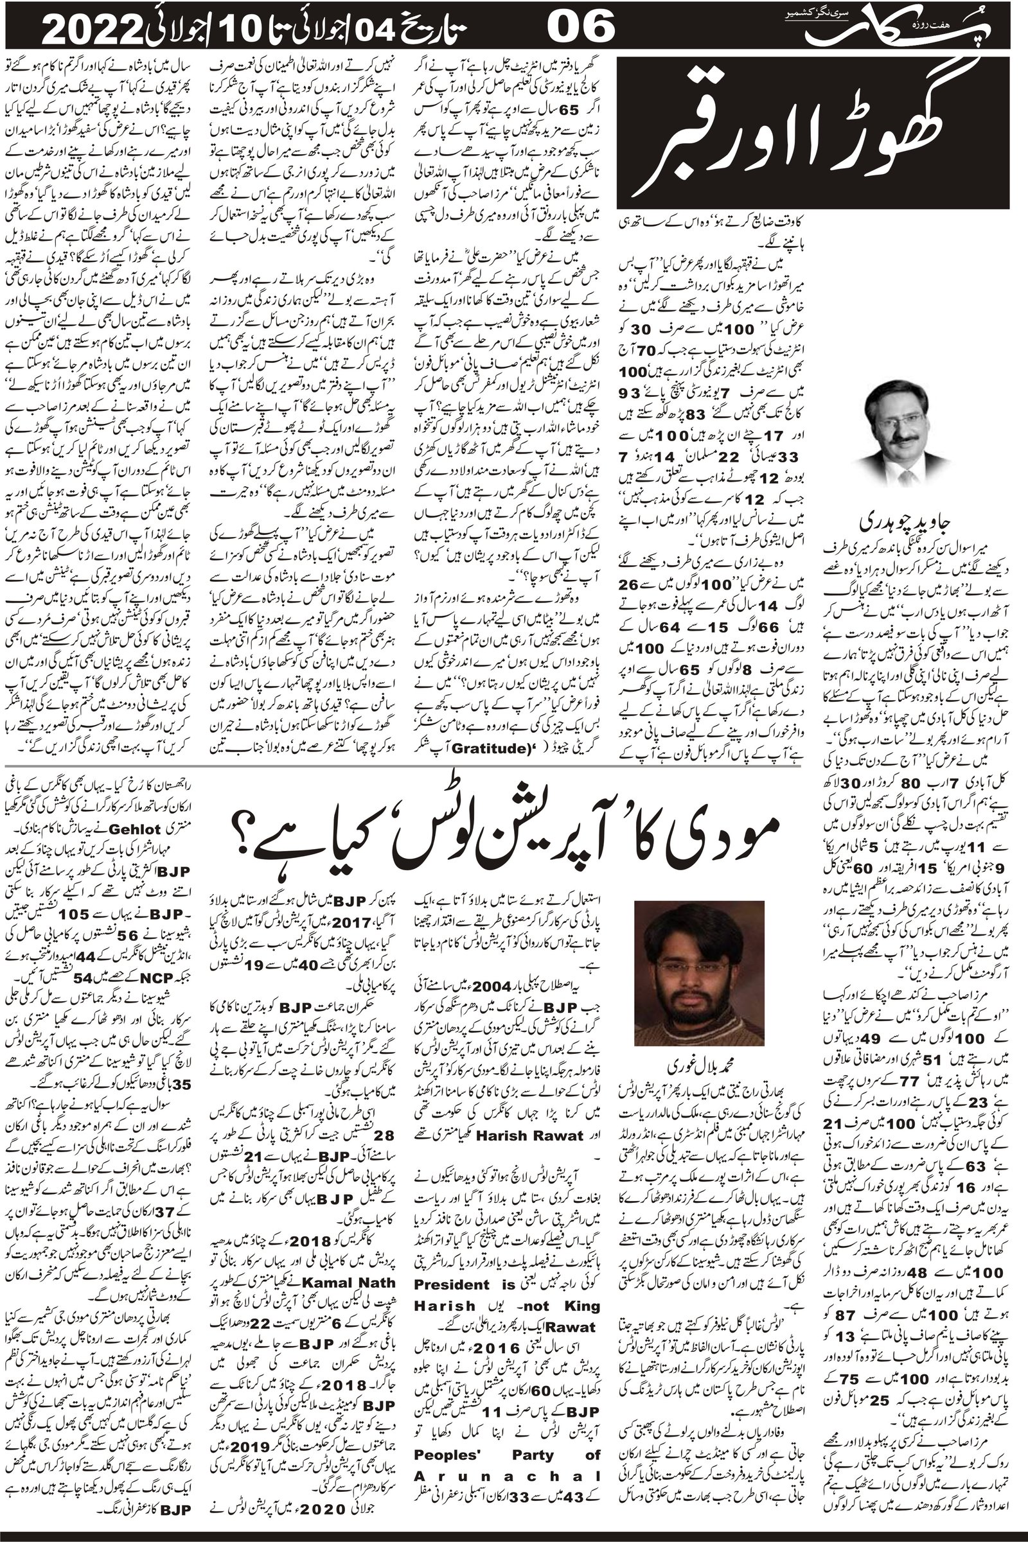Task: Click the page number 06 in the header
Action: [x=580, y=30]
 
